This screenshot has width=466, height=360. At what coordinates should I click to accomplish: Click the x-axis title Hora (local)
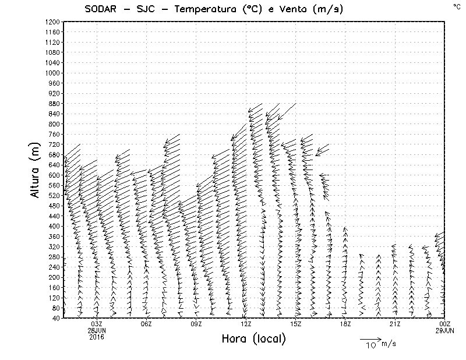(x=253, y=339)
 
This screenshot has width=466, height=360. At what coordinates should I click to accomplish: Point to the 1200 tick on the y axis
(x=52, y=22)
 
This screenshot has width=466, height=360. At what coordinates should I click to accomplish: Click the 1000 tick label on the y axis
(x=52, y=73)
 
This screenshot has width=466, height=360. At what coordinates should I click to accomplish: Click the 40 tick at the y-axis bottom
(x=56, y=318)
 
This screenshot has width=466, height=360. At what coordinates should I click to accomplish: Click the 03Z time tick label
(x=96, y=324)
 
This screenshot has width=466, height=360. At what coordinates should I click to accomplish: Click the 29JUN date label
(x=445, y=330)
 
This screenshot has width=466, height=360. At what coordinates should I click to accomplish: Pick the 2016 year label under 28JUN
(x=96, y=336)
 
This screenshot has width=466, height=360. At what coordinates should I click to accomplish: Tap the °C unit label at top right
(x=456, y=6)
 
